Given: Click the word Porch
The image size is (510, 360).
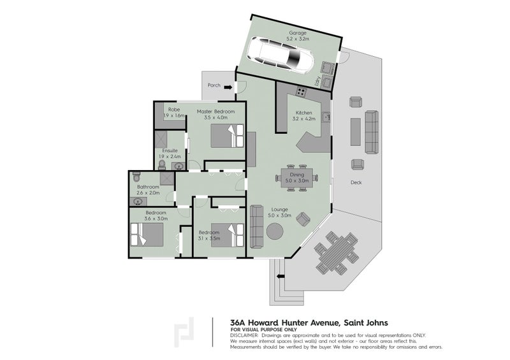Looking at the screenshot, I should (214, 85).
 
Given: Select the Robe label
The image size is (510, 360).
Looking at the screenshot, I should (173, 110).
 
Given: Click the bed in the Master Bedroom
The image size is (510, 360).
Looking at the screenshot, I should (227, 136).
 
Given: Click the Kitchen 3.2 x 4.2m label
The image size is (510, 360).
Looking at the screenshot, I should (304, 115).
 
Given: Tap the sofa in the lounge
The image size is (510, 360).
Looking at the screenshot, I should (257, 226).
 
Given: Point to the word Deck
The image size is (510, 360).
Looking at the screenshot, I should (356, 182).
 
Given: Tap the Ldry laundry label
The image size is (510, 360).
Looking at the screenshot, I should (316, 82).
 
